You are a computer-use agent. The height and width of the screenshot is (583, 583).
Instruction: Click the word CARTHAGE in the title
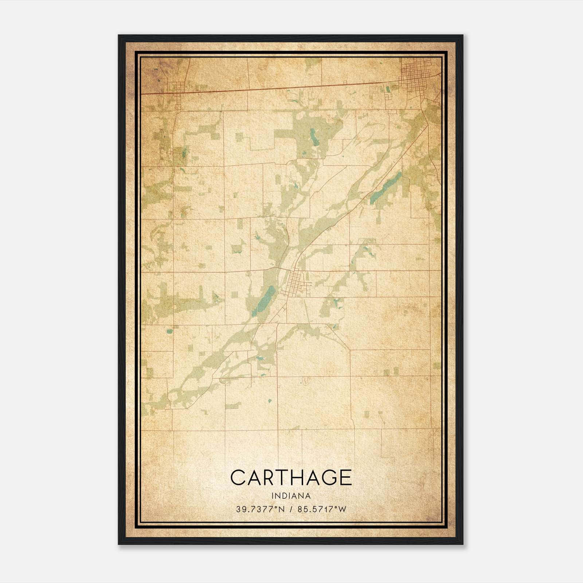click(x=291, y=477)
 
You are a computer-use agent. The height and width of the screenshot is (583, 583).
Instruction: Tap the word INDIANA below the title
click(x=291, y=496)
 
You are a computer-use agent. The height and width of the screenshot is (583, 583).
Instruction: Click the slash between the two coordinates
click(x=291, y=509)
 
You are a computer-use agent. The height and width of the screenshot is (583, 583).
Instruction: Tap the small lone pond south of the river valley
click(x=270, y=401)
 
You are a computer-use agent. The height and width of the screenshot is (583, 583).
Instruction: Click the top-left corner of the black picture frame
click(x=119, y=36)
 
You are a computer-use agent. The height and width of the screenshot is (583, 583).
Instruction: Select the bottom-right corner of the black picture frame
click(x=462, y=544)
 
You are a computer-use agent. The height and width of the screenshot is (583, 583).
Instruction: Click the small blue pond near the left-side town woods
click(x=184, y=152)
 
